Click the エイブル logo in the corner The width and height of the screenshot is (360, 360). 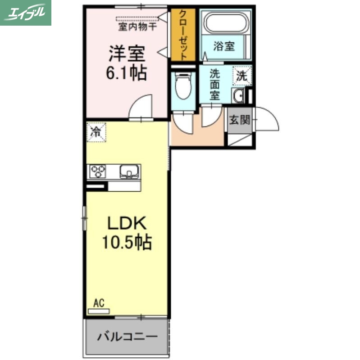pyautogui.click(x=26, y=13)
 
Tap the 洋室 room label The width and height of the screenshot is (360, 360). pyautogui.click(x=126, y=54)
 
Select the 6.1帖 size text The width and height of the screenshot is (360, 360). pyautogui.click(x=126, y=72)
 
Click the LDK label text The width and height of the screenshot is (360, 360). pyautogui.click(x=126, y=223)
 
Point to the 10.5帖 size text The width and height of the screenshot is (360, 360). pyautogui.click(x=126, y=243)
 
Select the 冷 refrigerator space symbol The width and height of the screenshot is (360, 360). pyautogui.click(x=96, y=132)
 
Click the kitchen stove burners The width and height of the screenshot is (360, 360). pyautogui.click(x=98, y=171)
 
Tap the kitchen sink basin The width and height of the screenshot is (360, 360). pyautogui.click(x=129, y=171)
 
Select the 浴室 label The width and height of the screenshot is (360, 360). pyautogui.click(x=223, y=46)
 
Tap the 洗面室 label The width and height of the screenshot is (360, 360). pyautogui.click(x=215, y=84)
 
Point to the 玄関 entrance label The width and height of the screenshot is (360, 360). pyautogui.click(x=239, y=120)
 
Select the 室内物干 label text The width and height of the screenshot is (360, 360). pyautogui.click(x=137, y=27)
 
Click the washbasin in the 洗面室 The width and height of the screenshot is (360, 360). pyautogui.click(x=239, y=96)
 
